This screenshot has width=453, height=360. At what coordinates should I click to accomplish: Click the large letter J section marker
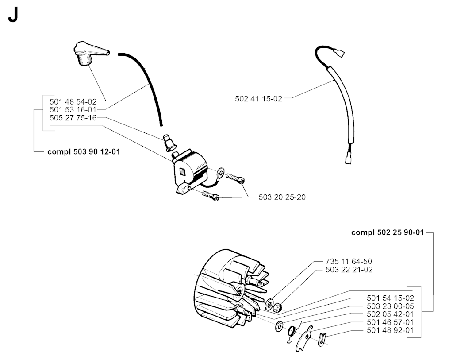(x=13, y=15)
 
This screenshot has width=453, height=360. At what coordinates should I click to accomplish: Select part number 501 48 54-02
(x=73, y=101)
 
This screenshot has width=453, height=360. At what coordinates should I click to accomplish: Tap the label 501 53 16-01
(x=73, y=109)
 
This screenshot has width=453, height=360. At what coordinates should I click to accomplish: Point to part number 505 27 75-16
(x=73, y=118)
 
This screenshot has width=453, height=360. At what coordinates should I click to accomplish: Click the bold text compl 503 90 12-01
(x=84, y=152)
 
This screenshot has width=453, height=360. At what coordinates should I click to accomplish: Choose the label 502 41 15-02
(x=258, y=99)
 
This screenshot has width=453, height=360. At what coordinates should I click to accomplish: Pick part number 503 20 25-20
(x=282, y=197)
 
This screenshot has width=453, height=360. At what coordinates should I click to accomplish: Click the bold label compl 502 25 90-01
(x=388, y=232)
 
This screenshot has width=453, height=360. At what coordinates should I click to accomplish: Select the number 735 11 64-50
(x=349, y=261)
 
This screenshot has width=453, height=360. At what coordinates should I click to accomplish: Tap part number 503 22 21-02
(x=349, y=270)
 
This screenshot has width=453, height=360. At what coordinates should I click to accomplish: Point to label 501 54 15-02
(x=390, y=298)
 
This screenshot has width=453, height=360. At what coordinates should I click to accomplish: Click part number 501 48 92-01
(x=390, y=330)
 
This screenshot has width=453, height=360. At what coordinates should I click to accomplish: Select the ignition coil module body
(x=190, y=172)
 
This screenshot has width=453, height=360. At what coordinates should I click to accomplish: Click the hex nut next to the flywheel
(x=278, y=307)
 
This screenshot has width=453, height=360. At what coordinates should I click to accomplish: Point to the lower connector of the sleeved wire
(x=348, y=159)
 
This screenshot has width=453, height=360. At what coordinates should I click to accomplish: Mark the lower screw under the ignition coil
(x=210, y=195)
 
